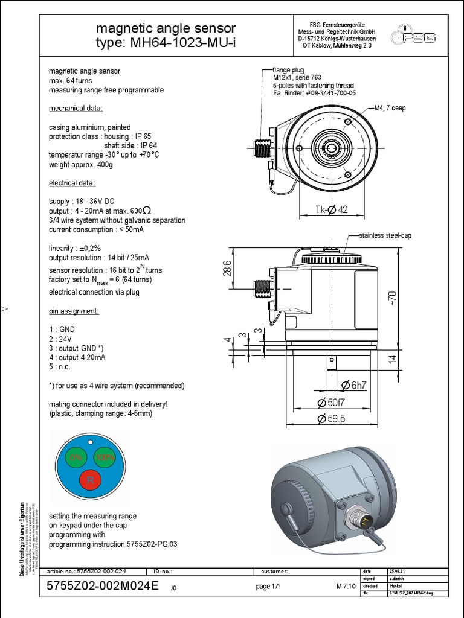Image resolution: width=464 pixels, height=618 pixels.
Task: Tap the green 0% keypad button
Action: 76,457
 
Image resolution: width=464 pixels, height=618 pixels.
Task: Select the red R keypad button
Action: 90,481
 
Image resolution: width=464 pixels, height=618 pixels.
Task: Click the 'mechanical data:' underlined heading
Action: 76,109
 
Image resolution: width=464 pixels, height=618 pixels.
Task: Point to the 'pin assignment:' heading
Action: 73,311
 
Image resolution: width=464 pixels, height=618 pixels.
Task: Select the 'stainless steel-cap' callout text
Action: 385,235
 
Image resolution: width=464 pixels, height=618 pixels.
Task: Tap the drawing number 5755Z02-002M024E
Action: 102,587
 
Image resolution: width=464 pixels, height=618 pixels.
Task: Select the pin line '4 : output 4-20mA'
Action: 77,357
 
